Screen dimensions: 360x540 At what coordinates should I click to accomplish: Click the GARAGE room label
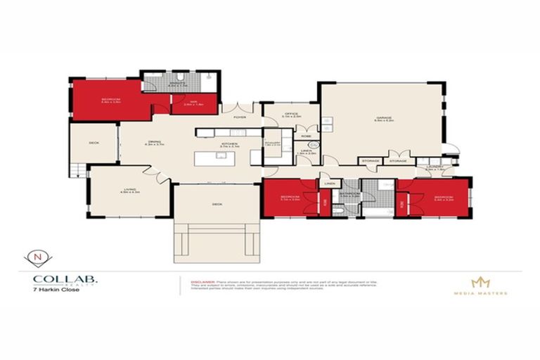383,119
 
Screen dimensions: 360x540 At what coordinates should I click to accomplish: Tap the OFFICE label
292,115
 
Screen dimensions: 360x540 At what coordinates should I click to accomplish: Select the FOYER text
240,117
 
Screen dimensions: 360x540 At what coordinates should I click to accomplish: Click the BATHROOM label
349,198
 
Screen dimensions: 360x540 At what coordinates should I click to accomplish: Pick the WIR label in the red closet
188,103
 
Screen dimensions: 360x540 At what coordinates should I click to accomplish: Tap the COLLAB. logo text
65,279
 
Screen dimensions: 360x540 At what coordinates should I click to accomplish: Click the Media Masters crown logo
480,281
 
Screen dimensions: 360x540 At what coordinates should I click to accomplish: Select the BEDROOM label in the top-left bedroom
110,100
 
